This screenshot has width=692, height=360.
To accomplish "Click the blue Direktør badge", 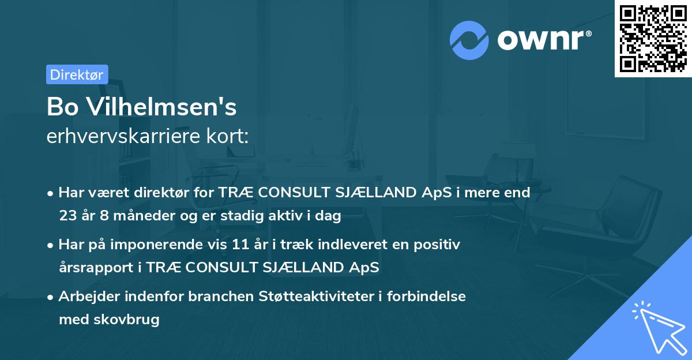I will tap(77, 74).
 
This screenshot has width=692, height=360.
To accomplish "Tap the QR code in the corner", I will tap(653, 39).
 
